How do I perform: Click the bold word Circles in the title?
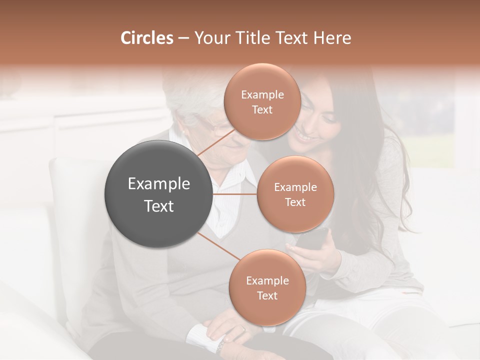(146, 38)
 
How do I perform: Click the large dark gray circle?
(158, 194)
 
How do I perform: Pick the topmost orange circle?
(262, 101)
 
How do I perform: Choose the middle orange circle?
(295, 194)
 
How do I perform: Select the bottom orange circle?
(267, 287)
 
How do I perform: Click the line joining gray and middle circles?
(234, 194)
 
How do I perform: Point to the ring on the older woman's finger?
(243, 329)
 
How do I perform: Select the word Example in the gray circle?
(158, 184)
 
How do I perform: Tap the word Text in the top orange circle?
(262, 110)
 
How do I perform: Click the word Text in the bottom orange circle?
(267, 296)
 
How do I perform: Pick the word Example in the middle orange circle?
(295, 187)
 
